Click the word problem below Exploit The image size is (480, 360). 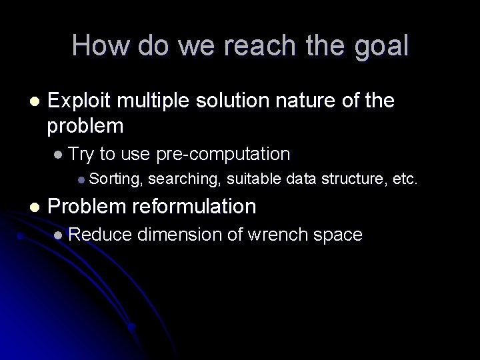85,125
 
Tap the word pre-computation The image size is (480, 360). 223,155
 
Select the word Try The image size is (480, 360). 83,155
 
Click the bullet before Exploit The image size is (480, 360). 34,101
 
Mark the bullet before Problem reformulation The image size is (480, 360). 34,207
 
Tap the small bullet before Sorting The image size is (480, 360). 81,179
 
